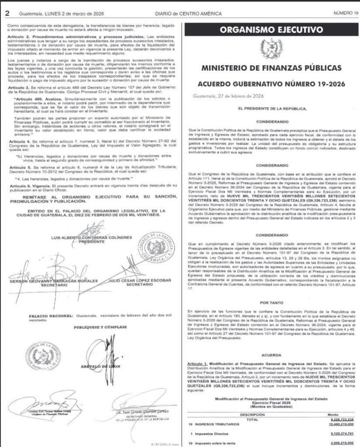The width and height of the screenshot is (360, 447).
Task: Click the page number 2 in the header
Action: point(7,13)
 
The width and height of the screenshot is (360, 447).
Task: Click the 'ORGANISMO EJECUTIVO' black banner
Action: point(271,30)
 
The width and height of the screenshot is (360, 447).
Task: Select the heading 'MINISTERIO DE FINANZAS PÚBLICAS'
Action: point(271,69)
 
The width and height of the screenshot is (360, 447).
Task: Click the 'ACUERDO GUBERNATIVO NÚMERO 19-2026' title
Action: point(271,84)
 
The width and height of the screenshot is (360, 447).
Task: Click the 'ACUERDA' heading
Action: point(271,355)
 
